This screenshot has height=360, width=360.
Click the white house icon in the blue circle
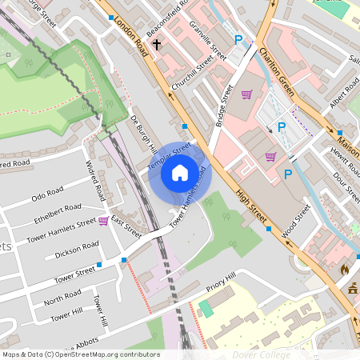click(x=180, y=172)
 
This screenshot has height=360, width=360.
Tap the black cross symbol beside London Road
click(x=157, y=46)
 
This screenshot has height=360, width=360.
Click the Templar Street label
click(x=169, y=155)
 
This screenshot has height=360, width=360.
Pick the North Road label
click(x=62, y=301)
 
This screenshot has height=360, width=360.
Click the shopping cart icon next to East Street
click(x=103, y=221)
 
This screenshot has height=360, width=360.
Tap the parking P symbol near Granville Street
click(x=238, y=39)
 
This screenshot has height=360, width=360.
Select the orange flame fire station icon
click(x=345, y=270)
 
